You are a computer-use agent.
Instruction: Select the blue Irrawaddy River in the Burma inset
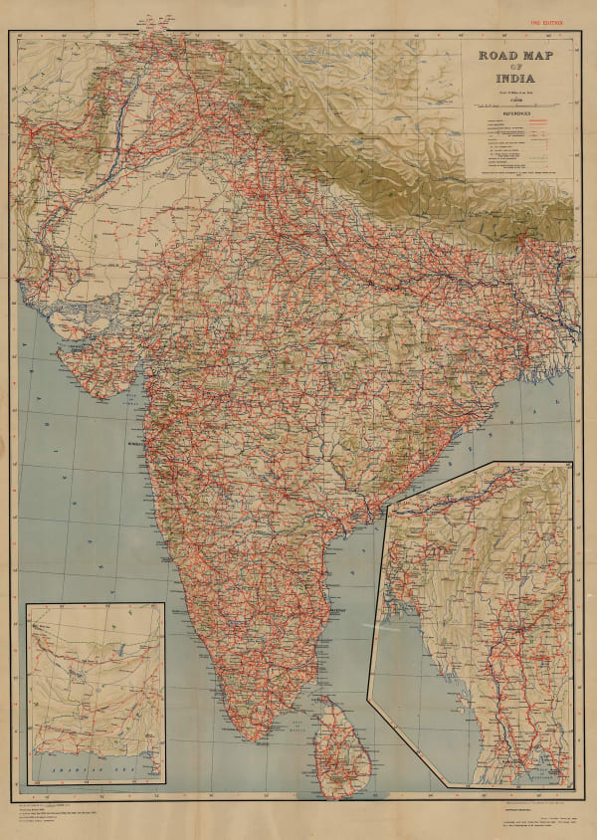point(497,637)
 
